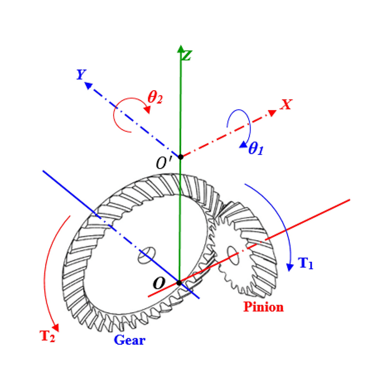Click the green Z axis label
[186, 56]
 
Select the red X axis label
[286, 104]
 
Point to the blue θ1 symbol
[255, 149]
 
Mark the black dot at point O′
[180, 156]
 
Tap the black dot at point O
[179, 283]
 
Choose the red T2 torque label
[47, 336]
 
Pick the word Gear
[130, 340]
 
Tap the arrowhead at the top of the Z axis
[180, 48]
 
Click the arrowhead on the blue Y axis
[88, 85]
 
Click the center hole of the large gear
[146, 255]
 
